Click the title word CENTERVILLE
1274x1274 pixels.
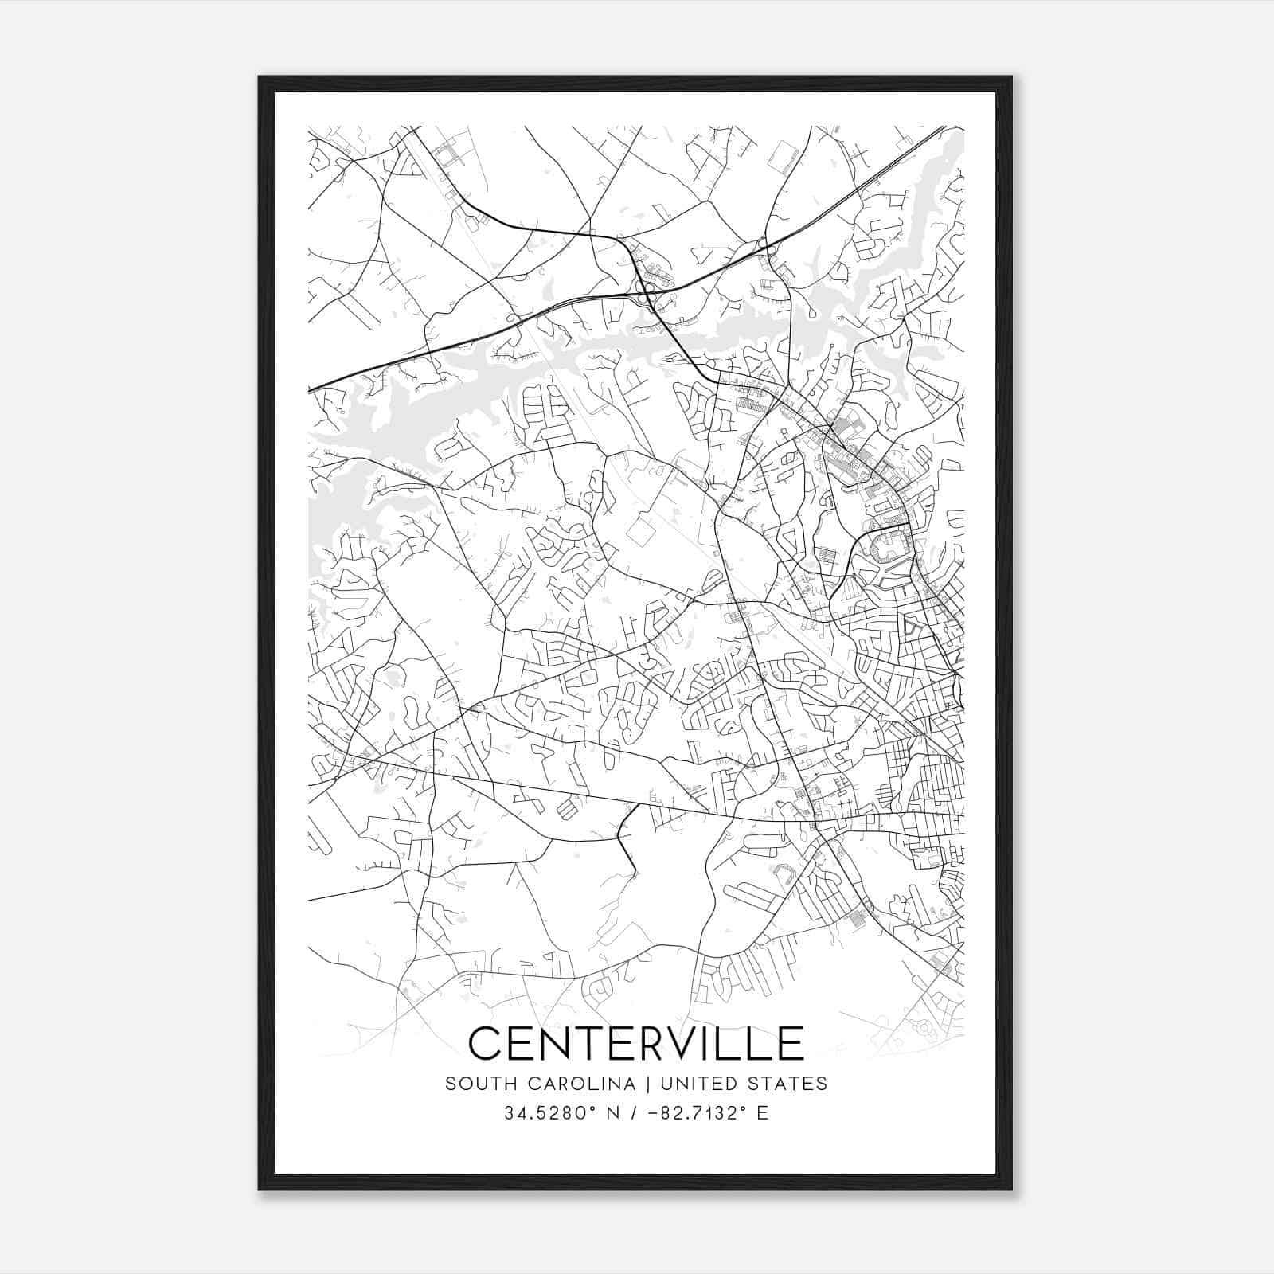tap(636, 1043)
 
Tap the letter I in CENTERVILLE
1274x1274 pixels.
tap(713, 1043)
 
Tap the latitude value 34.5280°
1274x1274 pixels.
tap(545, 1113)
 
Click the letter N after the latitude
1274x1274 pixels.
tap(612, 1113)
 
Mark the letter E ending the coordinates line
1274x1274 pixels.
tap(763, 1113)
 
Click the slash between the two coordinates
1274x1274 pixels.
tap(634, 1113)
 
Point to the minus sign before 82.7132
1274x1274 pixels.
tap(653, 1113)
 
